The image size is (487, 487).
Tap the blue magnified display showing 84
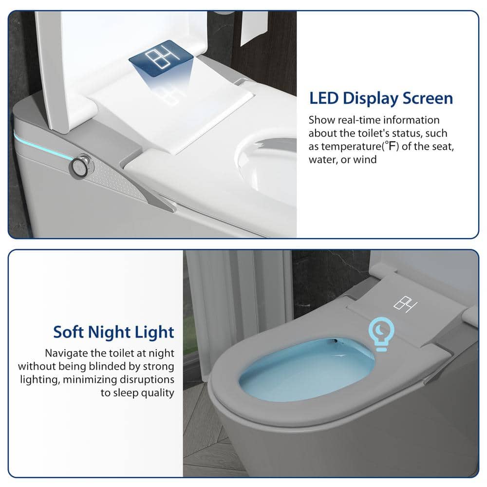pos(161,58)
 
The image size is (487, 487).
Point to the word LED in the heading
pos(324,98)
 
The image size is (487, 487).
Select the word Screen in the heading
pos(428,98)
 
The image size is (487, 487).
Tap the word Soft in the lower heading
pos(68,332)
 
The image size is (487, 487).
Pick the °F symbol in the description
pos(392,145)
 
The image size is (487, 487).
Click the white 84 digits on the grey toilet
pos(405,304)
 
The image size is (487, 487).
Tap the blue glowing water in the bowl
pos(306,370)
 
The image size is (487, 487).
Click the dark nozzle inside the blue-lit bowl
pos(334,341)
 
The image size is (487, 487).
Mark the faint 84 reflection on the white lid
pos(169,96)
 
